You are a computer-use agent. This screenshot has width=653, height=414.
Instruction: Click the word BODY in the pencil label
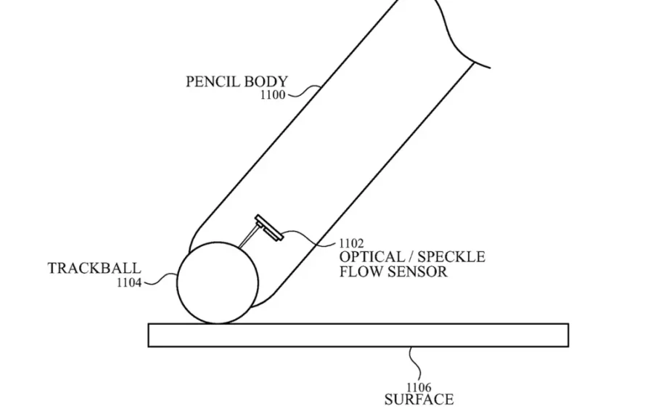pyautogui.click(x=266, y=81)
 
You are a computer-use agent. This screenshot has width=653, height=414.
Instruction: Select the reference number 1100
pyautogui.click(x=273, y=95)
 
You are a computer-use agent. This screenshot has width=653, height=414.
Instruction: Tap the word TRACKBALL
pyautogui.click(x=94, y=268)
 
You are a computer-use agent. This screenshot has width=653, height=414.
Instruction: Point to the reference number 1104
pyautogui.click(x=129, y=283)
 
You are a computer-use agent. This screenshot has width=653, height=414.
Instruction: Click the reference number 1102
pyautogui.click(x=351, y=243)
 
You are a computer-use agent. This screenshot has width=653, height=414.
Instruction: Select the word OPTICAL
pyautogui.click(x=372, y=257)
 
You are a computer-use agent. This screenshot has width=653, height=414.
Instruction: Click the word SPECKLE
pyautogui.click(x=451, y=257)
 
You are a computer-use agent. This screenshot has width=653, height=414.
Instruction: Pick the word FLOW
pyautogui.click(x=361, y=272)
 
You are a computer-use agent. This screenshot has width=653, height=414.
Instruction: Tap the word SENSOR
pyautogui.click(x=417, y=272)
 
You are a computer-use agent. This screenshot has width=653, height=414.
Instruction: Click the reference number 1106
pyautogui.click(x=419, y=388)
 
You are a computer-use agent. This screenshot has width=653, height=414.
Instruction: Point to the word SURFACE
pyautogui.click(x=419, y=399)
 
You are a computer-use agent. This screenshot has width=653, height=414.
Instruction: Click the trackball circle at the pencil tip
pyautogui.click(x=177, y=283)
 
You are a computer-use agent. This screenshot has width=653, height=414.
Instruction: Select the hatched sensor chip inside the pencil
pyautogui.click(x=269, y=227)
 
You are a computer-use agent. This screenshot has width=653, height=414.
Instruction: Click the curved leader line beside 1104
pyautogui.click(x=160, y=278)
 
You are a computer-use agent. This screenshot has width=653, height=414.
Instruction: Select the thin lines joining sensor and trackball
pyautogui.click(x=248, y=236)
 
